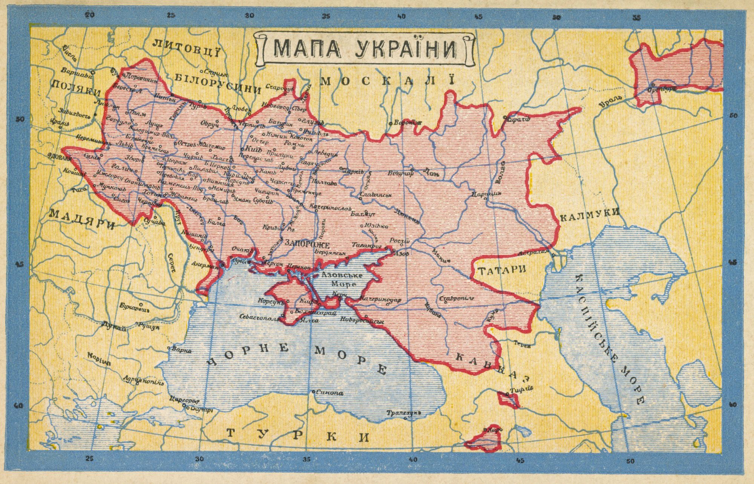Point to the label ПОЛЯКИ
pyautogui.click(x=75, y=88)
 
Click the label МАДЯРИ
pyautogui.click(x=82, y=219)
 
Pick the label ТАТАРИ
pyautogui.click(x=501, y=270)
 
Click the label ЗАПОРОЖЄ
pyautogui.click(x=307, y=244)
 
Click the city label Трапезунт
pyautogui.click(x=403, y=413)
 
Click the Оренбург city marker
pyautogui.click(x=652, y=84)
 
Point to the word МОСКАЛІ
pyautogui.click(x=388, y=81)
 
